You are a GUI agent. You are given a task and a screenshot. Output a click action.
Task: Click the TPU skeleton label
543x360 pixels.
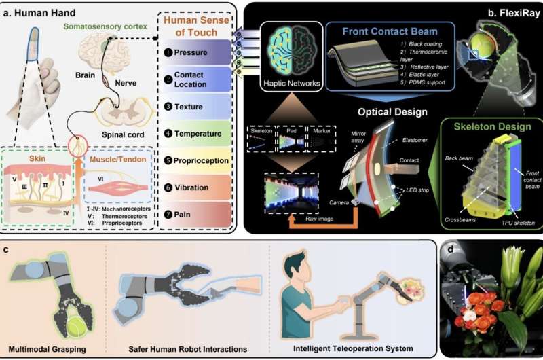click(516, 223)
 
